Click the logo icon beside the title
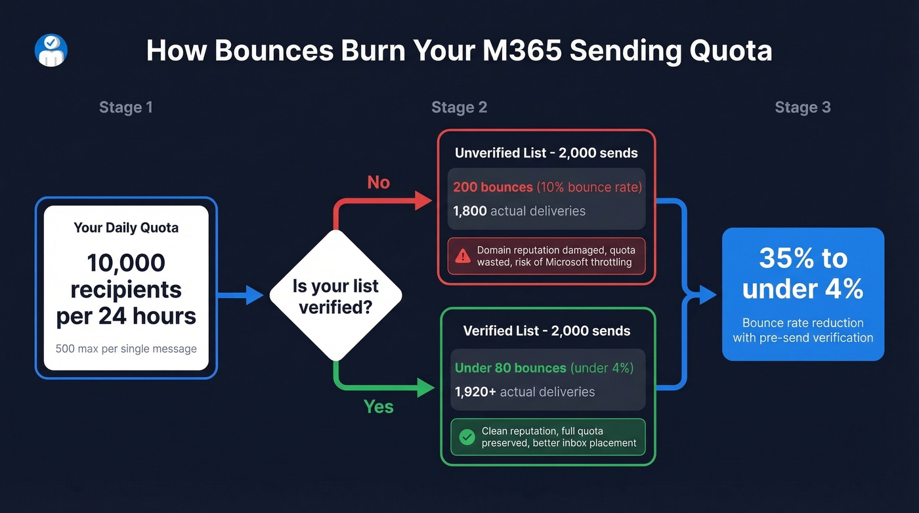(51, 51)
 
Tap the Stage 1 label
(126, 107)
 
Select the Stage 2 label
(459, 107)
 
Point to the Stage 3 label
(802, 107)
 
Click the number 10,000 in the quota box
(126, 263)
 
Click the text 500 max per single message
(126, 349)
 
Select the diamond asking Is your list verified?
(335, 296)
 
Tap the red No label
(378, 182)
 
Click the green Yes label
(378, 407)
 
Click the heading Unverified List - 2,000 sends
(546, 153)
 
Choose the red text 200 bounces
(493, 187)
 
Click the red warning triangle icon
(463, 256)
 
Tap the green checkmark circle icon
(467, 437)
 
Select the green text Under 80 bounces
(510, 368)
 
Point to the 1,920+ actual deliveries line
(524, 392)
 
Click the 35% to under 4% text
(803, 273)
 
